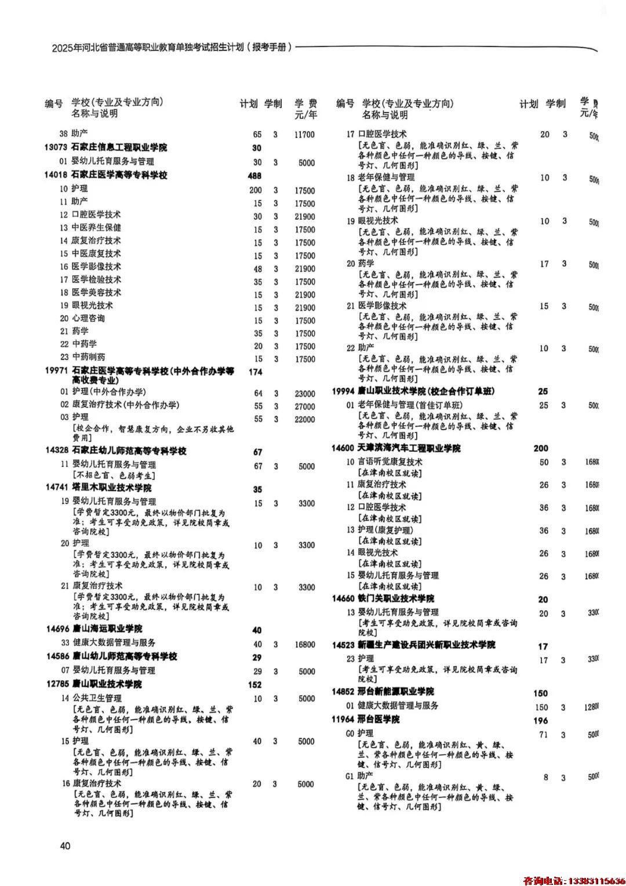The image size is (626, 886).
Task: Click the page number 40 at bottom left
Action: tap(65, 845)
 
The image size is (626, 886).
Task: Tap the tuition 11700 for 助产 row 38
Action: tap(304, 135)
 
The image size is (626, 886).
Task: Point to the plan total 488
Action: tap(254, 176)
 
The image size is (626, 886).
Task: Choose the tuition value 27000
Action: tap(305, 406)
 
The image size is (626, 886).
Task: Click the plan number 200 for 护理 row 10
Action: tap(255, 190)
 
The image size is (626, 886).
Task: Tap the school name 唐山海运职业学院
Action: tap(107, 629)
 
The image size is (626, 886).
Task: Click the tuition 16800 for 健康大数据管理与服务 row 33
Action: tap(305, 644)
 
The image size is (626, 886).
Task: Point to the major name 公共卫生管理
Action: tap(97, 698)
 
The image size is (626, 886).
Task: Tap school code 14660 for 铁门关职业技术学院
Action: tap(343, 598)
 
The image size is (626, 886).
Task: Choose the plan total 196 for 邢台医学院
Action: tap(540, 721)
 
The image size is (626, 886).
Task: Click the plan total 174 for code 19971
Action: tap(255, 372)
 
